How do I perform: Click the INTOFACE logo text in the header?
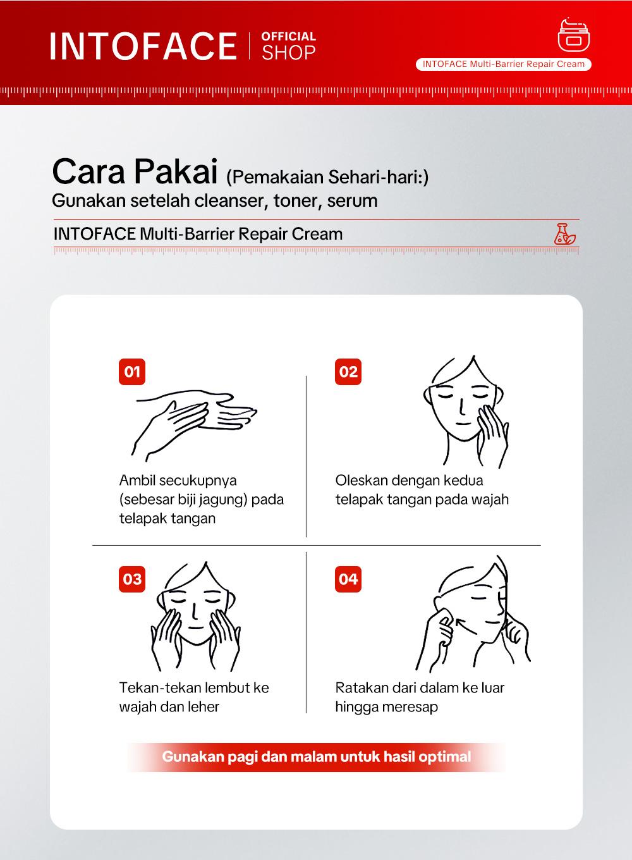(x=143, y=46)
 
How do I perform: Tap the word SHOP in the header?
(x=289, y=53)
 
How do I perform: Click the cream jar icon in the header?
(x=573, y=35)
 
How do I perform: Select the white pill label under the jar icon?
(x=504, y=64)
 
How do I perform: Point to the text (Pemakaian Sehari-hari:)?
(x=327, y=177)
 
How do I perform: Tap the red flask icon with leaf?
(x=564, y=233)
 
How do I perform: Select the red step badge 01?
(x=132, y=371)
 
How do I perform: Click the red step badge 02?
(x=348, y=371)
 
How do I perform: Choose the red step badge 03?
(x=132, y=579)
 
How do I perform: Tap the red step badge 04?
(x=348, y=579)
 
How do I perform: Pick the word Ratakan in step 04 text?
(x=360, y=688)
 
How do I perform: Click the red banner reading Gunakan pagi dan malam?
(x=316, y=757)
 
